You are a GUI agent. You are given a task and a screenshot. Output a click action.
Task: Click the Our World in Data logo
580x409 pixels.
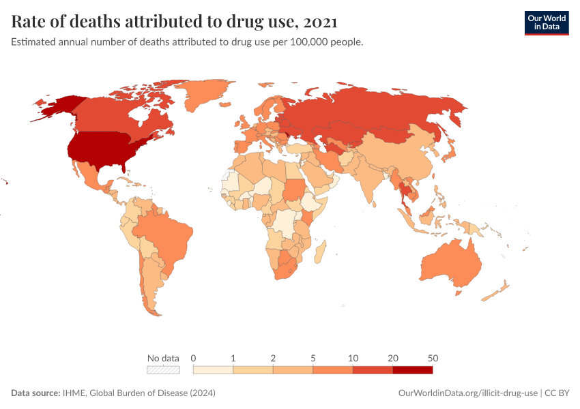click(x=546, y=22)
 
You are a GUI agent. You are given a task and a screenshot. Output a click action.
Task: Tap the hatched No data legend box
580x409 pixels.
click(x=163, y=369)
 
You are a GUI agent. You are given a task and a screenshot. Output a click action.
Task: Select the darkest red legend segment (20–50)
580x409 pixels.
click(x=412, y=369)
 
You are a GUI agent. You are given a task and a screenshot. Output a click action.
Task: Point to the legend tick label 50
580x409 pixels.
click(x=432, y=358)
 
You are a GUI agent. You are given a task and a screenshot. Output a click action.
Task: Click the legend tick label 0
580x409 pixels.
click(x=194, y=358)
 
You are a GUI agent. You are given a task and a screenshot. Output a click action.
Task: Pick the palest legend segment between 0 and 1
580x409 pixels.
click(x=213, y=369)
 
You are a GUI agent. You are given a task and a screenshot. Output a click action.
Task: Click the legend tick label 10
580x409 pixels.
click(x=353, y=358)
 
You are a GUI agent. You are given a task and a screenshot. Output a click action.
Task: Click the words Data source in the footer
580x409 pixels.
click(x=35, y=393)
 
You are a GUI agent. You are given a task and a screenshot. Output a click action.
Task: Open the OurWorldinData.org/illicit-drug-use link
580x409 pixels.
click(x=468, y=393)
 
